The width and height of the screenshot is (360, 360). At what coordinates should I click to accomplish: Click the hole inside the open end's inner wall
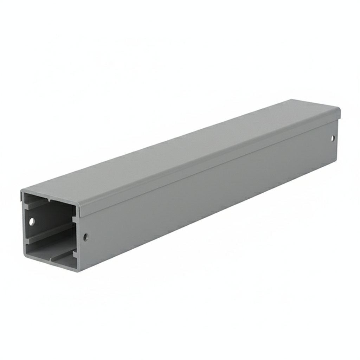point(32,221)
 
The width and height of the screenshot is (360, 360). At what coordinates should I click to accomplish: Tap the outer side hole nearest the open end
point(85,237)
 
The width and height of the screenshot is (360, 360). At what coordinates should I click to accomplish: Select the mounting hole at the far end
point(333,138)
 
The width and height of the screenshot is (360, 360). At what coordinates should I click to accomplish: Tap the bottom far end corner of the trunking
point(336,162)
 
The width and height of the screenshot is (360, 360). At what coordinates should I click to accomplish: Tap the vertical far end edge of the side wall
point(337,141)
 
